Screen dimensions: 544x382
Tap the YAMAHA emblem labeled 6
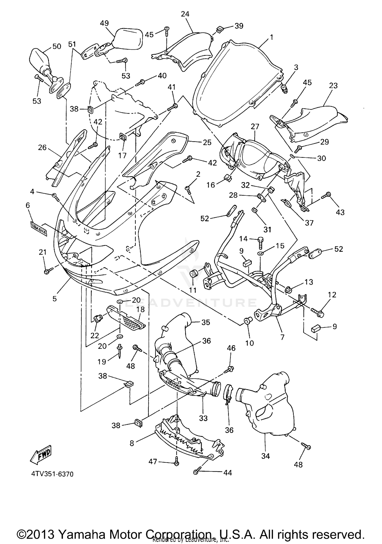[x=38, y=229]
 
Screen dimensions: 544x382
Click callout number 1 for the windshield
[x=271, y=37]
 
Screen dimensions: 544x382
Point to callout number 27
[x=255, y=127]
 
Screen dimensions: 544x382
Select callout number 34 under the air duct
[x=265, y=456]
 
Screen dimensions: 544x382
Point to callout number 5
[x=55, y=298]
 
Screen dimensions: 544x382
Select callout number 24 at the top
[x=185, y=14]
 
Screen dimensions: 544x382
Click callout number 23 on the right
[x=333, y=86]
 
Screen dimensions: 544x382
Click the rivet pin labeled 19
[x=120, y=351]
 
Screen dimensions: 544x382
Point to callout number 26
[x=42, y=147]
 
